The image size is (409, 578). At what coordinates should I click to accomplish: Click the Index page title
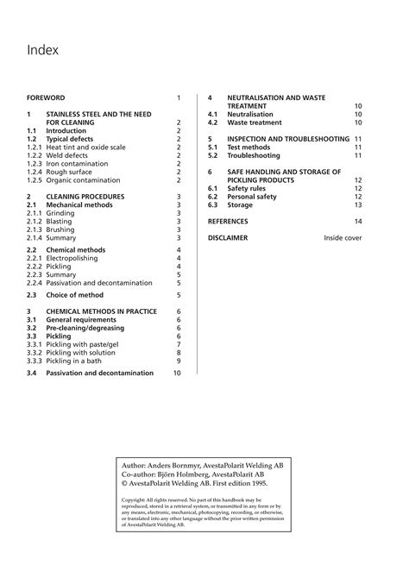[42, 50]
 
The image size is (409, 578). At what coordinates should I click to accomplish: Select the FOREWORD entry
[47, 98]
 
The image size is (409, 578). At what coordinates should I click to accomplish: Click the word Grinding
[59, 213]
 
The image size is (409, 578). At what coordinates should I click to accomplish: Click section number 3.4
[32, 374]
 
